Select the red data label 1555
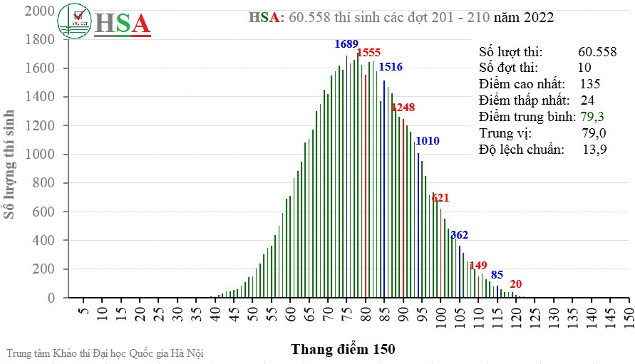(368, 53)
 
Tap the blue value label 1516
(391, 67)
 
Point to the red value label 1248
(403, 108)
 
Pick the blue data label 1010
(428, 140)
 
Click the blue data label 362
(459, 235)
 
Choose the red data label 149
(478, 266)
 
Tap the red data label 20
(516, 284)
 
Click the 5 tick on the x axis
(83, 313)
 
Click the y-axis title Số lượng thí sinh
(10, 163)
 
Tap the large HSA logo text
(123, 24)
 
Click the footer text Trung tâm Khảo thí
(108, 353)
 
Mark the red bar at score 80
(366, 185)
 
